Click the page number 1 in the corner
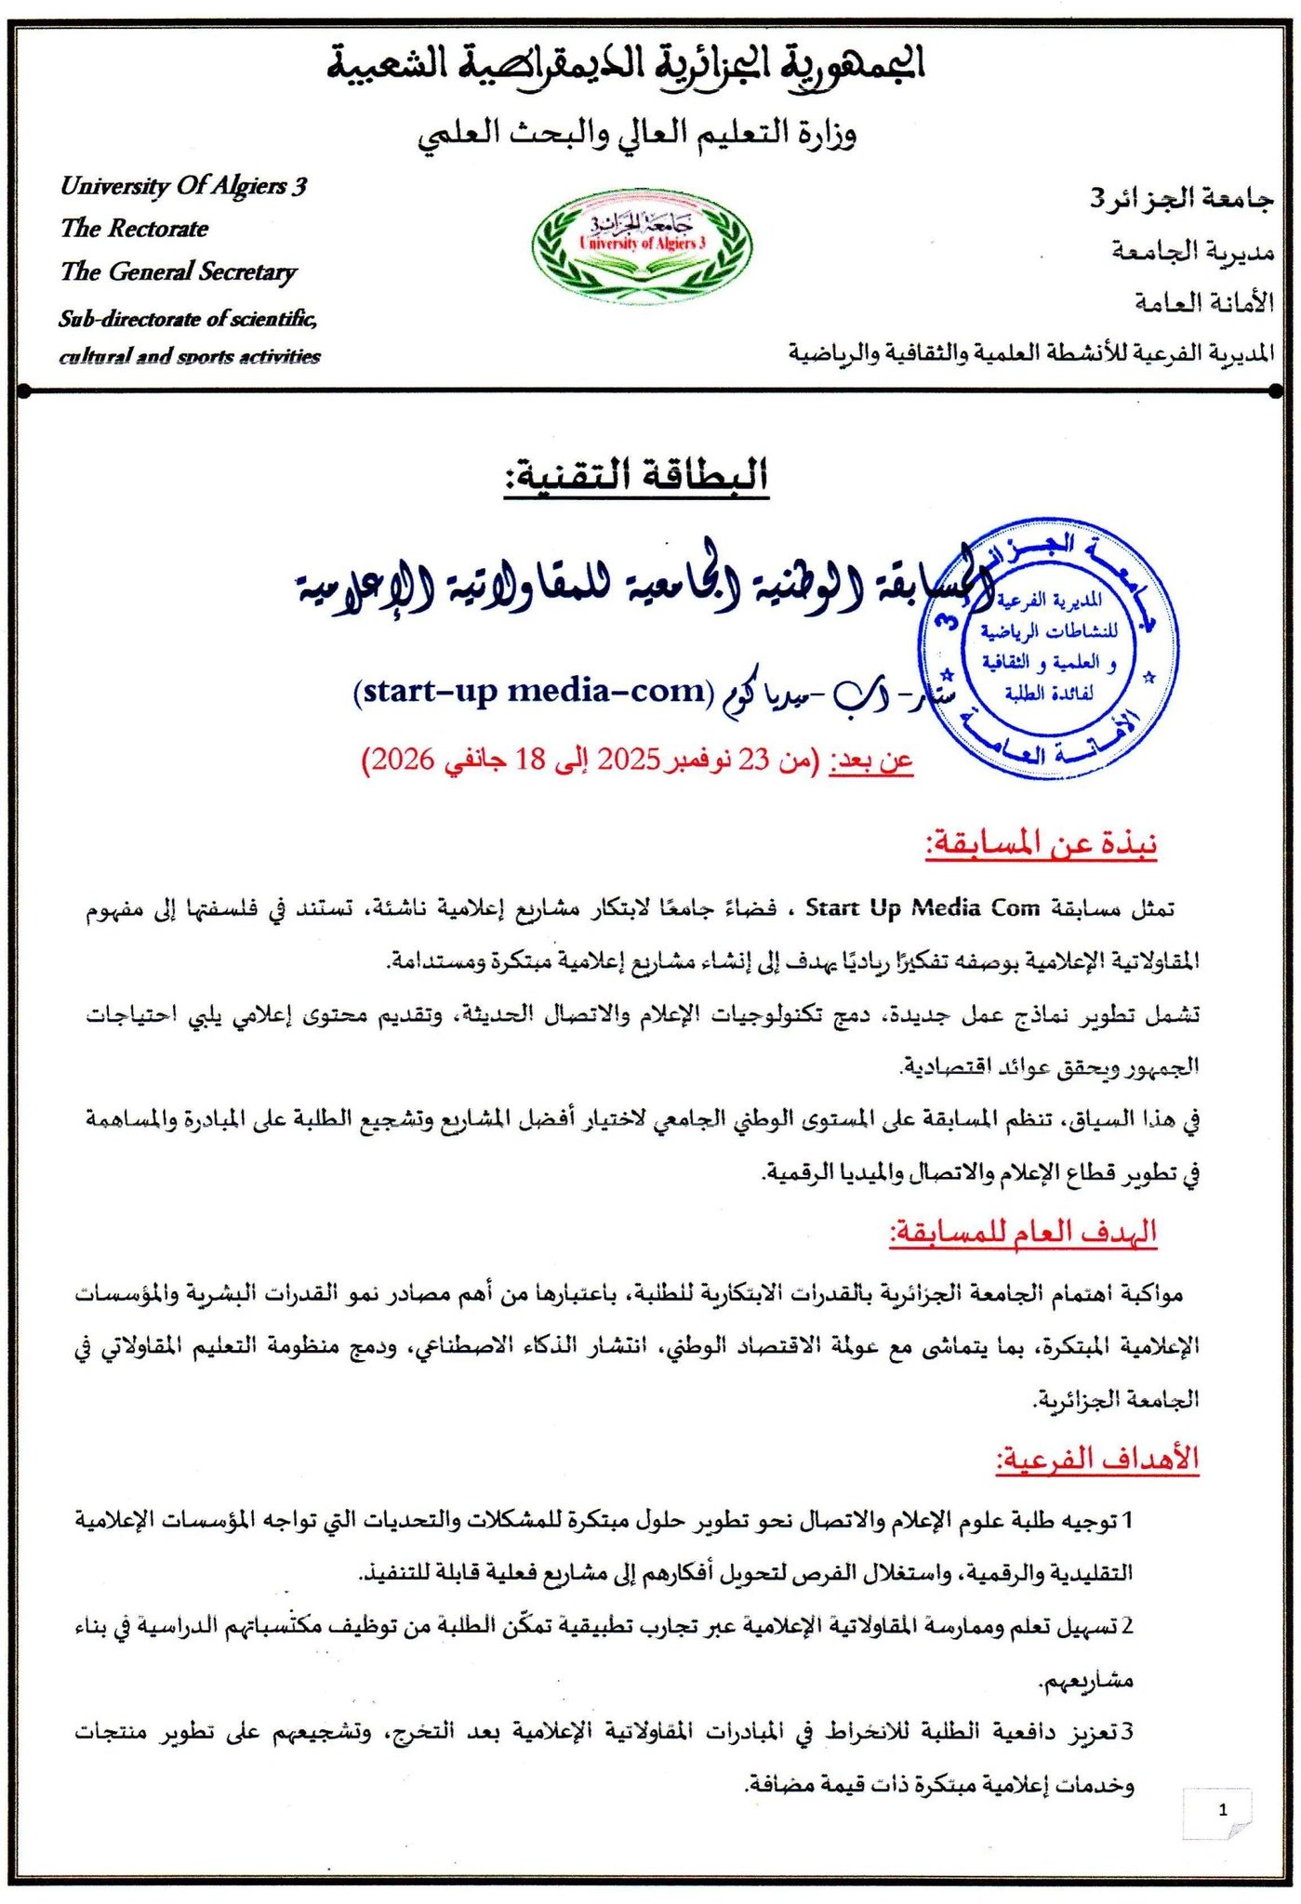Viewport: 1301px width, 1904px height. pos(1222,1809)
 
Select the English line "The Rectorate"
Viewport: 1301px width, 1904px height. pos(135,229)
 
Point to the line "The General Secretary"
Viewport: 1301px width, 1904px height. pos(179,271)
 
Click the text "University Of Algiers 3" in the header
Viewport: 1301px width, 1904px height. pos(183,186)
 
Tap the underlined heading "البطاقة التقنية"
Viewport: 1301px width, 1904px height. pos(637,476)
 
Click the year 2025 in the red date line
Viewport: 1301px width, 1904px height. pos(628,760)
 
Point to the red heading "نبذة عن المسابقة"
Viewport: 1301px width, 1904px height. pos(1041,844)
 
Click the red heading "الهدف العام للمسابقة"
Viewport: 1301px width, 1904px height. pos(1023,1233)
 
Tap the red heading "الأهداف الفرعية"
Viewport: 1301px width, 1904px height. pos(1097,1459)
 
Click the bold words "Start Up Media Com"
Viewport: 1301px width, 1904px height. pos(922,908)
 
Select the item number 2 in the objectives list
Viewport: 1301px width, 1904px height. pos(1127,1626)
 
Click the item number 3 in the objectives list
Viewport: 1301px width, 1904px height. pos(1127,1732)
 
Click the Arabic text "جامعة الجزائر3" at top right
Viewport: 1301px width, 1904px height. pos(1181,198)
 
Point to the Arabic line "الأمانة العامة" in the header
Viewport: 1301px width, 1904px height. pos(1203,301)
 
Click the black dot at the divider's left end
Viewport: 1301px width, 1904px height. pos(25,391)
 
